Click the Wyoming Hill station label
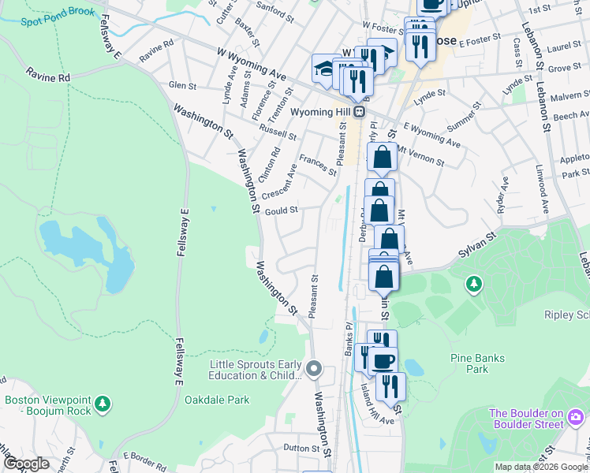pos(321,112)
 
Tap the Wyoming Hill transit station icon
pos(360,112)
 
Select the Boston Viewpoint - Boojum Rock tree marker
pos(102,404)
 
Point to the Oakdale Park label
pos(217,400)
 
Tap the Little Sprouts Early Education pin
pos(314,368)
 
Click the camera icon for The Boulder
pos(577,415)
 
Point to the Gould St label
pos(281,210)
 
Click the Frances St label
pos(318,166)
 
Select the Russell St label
pos(277,130)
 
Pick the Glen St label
pos(182,84)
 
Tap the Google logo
pos(26,464)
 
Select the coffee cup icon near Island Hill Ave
pos(384,361)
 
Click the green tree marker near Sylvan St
pos(473,283)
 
